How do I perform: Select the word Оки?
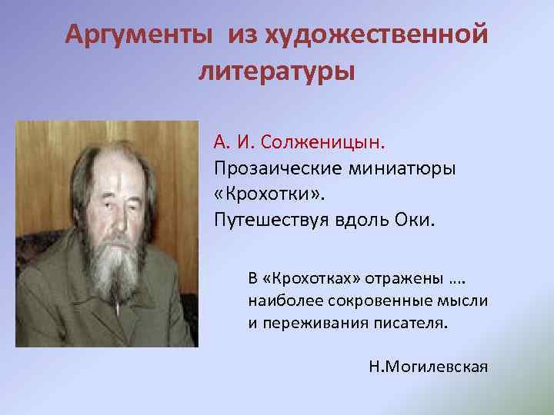[416, 221]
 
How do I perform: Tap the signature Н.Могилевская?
[429, 366]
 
